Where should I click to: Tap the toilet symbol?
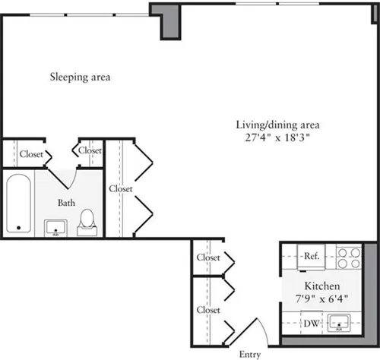(x=88, y=219)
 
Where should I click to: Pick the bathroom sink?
(x=55, y=228)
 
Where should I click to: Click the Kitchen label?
(x=311, y=287)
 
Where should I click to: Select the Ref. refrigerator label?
(x=311, y=257)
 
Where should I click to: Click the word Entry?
(x=251, y=353)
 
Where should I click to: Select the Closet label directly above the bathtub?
(x=31, y=153)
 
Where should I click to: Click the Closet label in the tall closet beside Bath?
(x=120, y=188)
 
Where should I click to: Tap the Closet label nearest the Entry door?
(x=207, y=310)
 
